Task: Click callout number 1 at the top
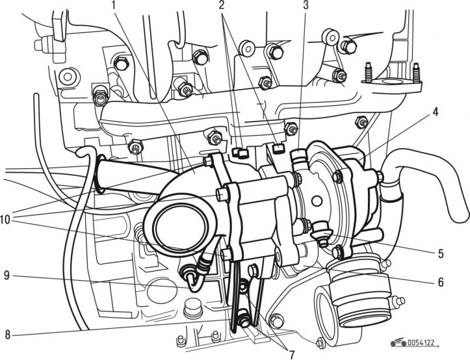coord(114,5)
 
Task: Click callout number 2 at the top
coord(222,5)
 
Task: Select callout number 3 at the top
coord(306,5)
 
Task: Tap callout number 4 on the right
coord(436,112)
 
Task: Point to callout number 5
coord(441,253)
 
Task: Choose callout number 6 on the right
coord(441,282)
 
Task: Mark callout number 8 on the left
coord(8,335)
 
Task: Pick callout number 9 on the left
coord(7,276)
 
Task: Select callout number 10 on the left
coord(5,220)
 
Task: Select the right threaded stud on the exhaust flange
coord(416,72)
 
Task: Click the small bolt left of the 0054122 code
coord(320,342)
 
